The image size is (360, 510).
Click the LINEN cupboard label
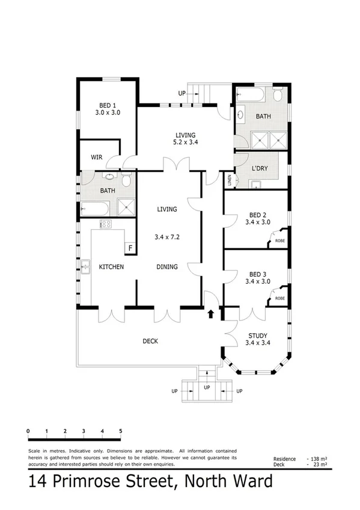[229, 179]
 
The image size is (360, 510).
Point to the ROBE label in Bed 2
[279, 241]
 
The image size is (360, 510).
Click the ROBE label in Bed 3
[279, 298]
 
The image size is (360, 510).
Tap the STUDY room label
[257, 336]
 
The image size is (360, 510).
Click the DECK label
[150, 341]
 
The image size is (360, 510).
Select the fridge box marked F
[129, 247]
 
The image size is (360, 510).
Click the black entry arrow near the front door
[210, 313]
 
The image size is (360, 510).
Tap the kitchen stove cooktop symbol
[105, 224]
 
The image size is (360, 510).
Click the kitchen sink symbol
[86, 265]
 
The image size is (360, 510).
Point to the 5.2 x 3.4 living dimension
[186, 143]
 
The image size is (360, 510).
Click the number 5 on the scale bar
[121, 431]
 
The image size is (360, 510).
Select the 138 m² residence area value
[316, 459]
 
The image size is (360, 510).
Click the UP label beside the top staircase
[182, 93]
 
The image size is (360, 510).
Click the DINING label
[166, 267]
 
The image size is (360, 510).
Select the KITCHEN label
[111, 267]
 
